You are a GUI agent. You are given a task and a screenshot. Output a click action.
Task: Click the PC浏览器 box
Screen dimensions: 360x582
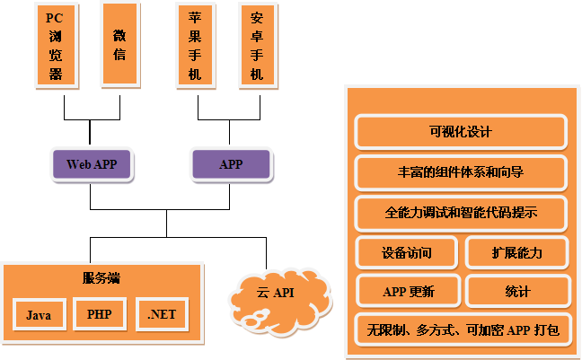click(x=56, y=45)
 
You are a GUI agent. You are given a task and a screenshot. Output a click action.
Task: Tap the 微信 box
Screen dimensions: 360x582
click(x=120, y=45)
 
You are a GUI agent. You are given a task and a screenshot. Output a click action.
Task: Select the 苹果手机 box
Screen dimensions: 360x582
click(x=196, y=45)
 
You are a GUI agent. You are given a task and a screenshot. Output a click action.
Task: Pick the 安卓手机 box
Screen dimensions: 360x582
click(x=257, y=45)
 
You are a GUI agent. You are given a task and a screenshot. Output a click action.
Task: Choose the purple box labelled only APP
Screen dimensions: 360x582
click(x=230, y=164)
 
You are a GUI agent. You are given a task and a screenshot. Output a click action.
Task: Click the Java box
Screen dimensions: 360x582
click(x=39, y=315)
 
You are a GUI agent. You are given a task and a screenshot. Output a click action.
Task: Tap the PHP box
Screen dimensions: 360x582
click(x=100, y=314)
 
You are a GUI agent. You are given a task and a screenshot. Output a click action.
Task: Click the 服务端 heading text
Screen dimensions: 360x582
click(x=101, y=277)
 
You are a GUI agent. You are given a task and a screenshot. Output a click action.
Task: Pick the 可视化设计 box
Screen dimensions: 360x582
click(x=461, y=132)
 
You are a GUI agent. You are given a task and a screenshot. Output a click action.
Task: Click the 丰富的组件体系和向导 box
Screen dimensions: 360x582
click(x=461, y=173)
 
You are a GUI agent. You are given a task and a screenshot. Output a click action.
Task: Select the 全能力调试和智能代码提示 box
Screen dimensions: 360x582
click(x=461, y=214)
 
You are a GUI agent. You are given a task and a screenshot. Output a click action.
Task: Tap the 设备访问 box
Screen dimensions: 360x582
click(x=407, y=253)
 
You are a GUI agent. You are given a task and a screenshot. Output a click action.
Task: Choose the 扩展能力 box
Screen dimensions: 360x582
click(x=517, y=253)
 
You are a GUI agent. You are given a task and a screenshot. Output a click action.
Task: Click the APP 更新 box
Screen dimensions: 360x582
click(x=408, y=292)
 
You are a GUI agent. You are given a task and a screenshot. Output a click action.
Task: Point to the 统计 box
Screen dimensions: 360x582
click(x=517, y=292)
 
